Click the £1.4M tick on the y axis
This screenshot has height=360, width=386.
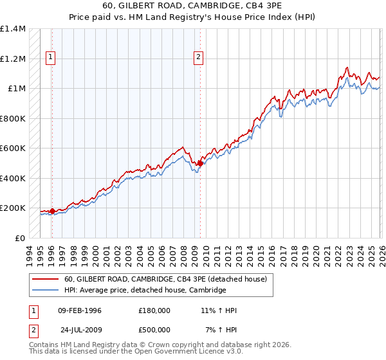[x=13, y=29]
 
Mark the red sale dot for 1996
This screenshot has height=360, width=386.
[x=52, y=211]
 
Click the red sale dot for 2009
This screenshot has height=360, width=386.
[x=200, y=163]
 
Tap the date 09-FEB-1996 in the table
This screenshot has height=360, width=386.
[x=80, y=310]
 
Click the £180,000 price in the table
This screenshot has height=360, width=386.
[x=154, y=310]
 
